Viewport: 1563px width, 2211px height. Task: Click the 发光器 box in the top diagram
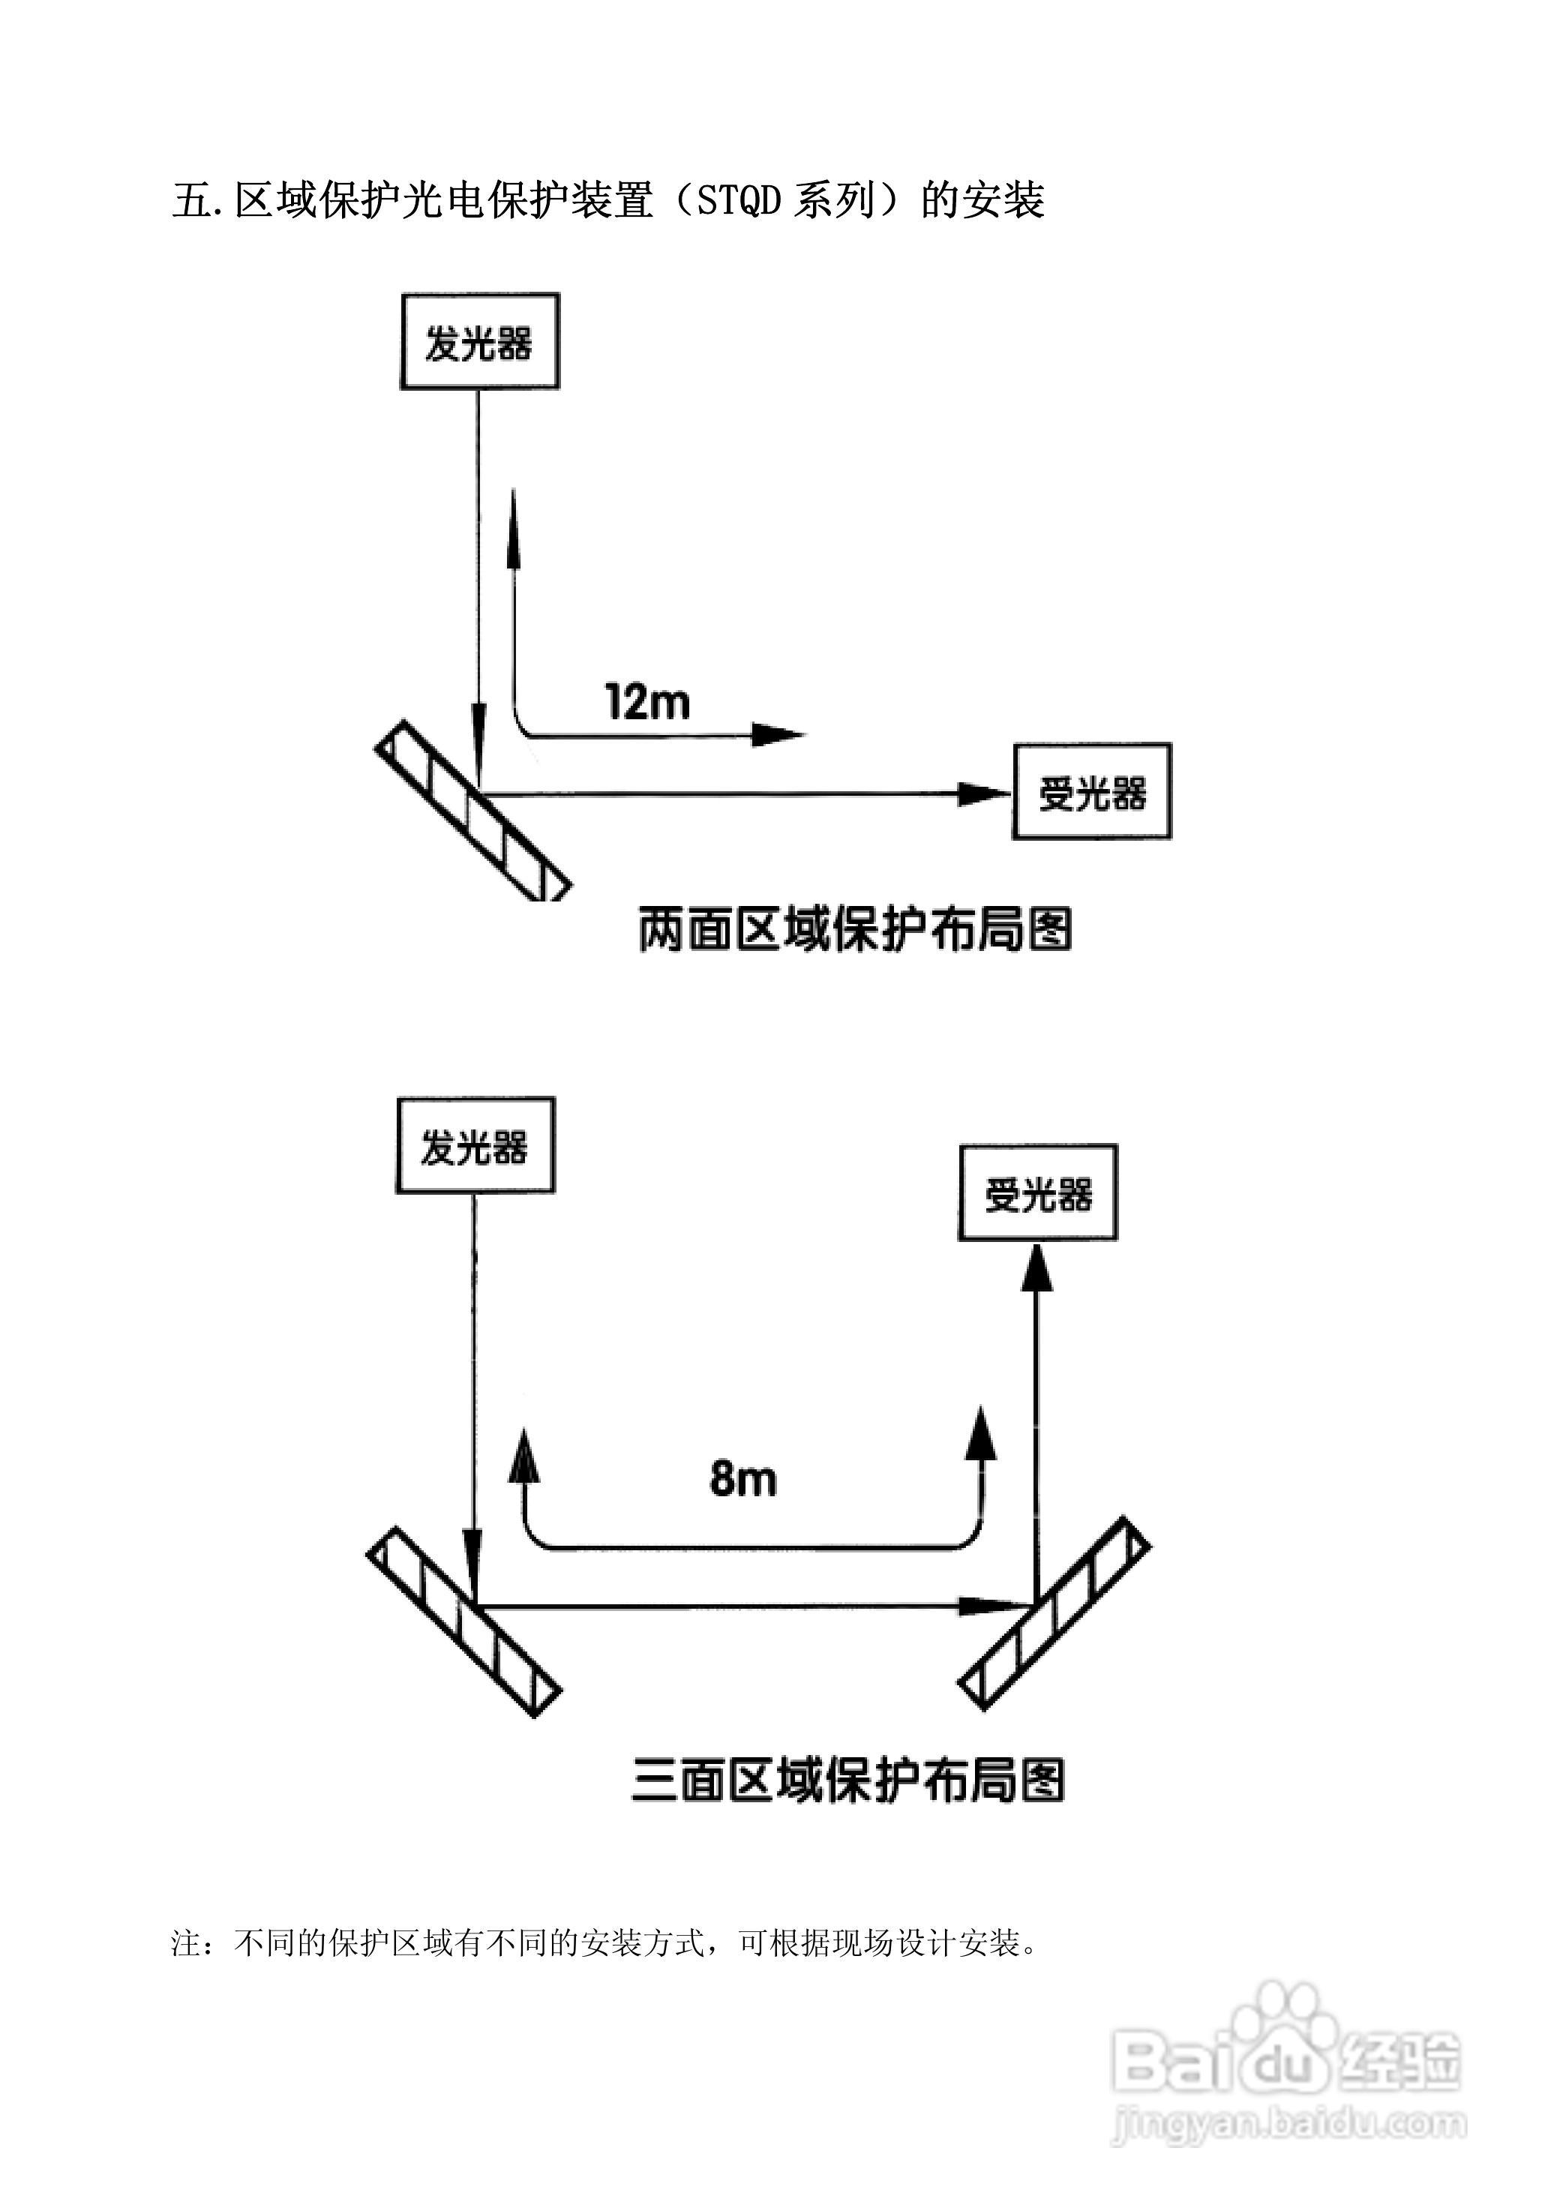tap(479, 342)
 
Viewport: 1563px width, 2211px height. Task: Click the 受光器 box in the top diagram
tap(1091, 791)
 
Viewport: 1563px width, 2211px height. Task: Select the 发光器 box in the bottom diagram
tap(475, 1145)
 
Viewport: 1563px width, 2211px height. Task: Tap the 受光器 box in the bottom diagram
tap(1037, 1192)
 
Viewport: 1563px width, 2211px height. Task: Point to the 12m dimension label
tap(647, 701)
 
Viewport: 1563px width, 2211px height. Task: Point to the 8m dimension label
tap(742, 1478)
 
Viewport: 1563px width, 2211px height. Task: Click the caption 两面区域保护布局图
tap(854, 929)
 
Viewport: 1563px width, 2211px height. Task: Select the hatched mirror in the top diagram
tap(472, 811)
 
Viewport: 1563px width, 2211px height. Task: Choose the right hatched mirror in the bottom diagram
tap(1054, 1614)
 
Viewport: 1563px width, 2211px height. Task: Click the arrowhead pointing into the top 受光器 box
tap(982, 794)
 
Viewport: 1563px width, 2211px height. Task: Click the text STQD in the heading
tap(738, 200)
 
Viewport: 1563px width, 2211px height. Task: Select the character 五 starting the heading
tap(190, 200)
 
